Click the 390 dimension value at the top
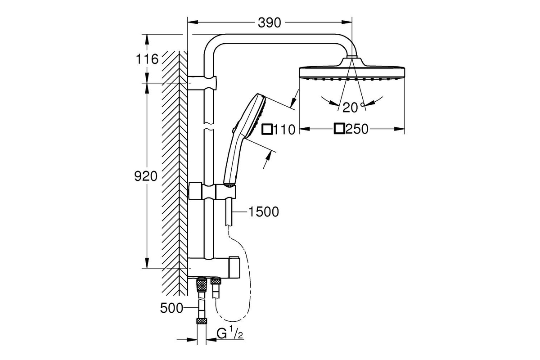[x=269, y=23]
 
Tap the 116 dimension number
[x=147, y=59]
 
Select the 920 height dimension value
[x=146, y=176]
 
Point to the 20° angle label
[x=353, y=107]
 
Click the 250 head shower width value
[x=357, y=129]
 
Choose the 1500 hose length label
[x=264, y=212]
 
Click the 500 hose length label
[x=171, y=308]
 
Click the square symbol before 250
[x=339, y=129]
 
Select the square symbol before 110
[x=267, y=129]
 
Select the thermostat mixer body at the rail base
[x=214, y=267]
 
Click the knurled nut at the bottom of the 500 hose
[x=202, y=321]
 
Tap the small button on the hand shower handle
[x=234, y=130]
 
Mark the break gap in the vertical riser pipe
[x=209, y=127]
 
